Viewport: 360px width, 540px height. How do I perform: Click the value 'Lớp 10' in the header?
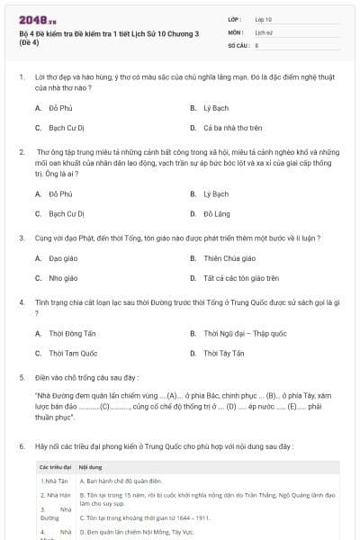pyautogui.click(x=264, y=19)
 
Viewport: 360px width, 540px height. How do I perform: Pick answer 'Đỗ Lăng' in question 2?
pyautogui.click(x=216, y=214)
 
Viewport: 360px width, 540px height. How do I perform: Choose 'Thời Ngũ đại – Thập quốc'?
pyautogui.click(x=245, y=333)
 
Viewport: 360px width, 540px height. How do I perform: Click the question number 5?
pyautogui.click(x=21, y=377)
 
